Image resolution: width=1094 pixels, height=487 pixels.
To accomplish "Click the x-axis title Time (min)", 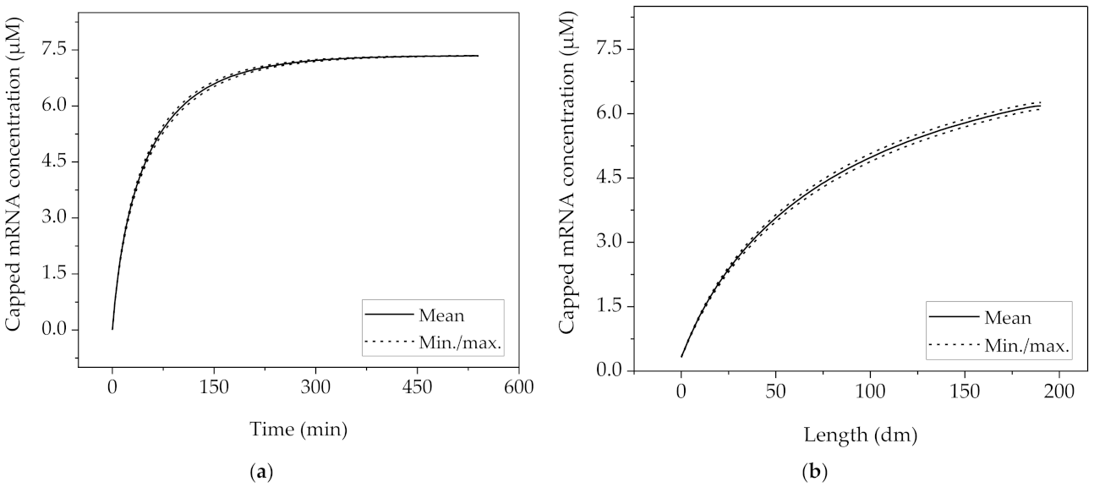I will click(x=298, y=430).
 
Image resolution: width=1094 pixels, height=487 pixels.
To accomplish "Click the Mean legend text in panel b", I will click(x=1008, y=319).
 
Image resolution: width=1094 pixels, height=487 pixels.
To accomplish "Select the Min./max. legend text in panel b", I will click(x=1027, y=346).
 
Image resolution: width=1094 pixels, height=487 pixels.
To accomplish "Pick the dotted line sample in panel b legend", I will click(x=955, y=346).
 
